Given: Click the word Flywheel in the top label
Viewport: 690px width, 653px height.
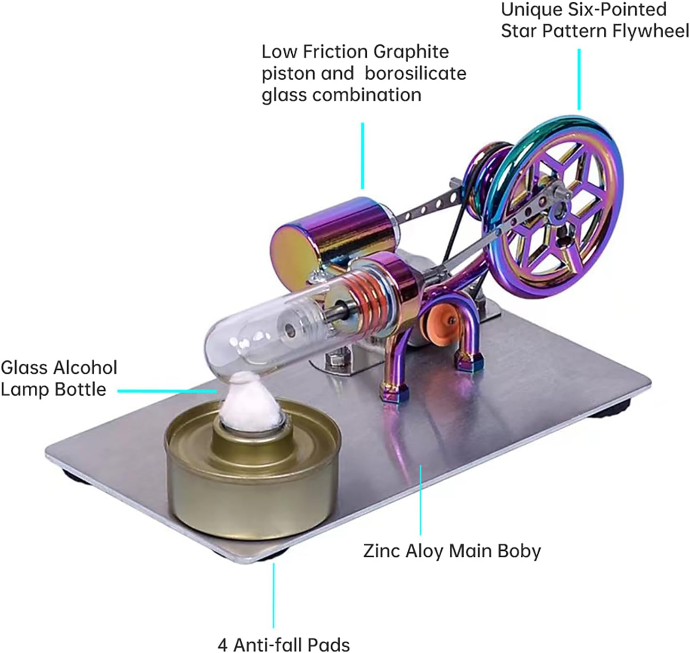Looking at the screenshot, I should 650,31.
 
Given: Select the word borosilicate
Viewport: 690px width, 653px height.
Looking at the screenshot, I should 415,73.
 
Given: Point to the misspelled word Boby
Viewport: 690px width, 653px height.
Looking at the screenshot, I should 520,551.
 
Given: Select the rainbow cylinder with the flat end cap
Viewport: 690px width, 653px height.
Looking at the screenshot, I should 330,231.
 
